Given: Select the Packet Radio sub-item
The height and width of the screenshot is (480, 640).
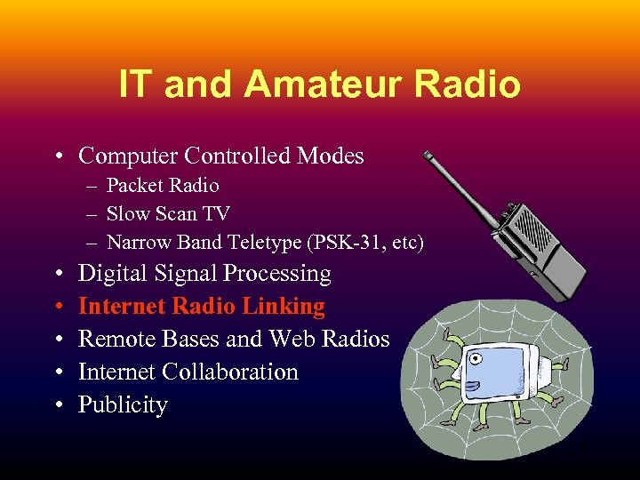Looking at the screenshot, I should coord(162,186).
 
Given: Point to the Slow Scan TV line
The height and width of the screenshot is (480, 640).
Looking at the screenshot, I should coord(168,213).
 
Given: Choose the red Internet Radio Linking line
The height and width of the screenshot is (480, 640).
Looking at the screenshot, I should coord(202,307).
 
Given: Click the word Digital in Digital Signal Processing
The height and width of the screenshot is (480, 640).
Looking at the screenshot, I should coord(110,274).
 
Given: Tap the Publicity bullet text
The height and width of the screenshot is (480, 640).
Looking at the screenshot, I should coord(123,404).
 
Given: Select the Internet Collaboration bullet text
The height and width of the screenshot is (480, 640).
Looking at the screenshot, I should coord(188,372).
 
